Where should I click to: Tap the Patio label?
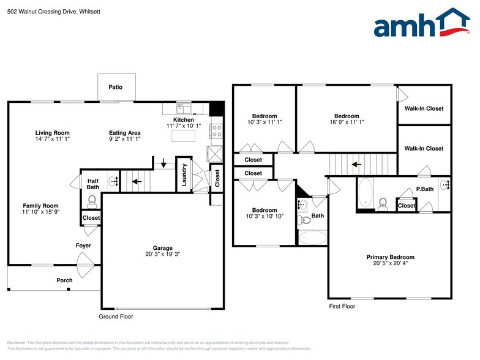click(x=115, y=88)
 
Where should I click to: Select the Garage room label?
click(x=162, y=247)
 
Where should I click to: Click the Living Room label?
click(x=52, y=133)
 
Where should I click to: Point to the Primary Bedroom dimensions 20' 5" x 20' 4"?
click(x=390, y=264)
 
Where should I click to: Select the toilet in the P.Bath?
click(x=383, y=204)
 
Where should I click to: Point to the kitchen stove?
click(x=216, y=130)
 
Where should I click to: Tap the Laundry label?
click(x=184, y=174)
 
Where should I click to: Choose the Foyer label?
click(x=83, y=246)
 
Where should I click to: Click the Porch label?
click(x=64, y=280)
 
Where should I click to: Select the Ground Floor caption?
click(x=116, y=317)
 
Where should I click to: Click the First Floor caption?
click(x=342, y=305)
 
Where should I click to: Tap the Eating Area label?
click(x=125, y=133)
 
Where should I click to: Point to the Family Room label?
click(x=40, y=206)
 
